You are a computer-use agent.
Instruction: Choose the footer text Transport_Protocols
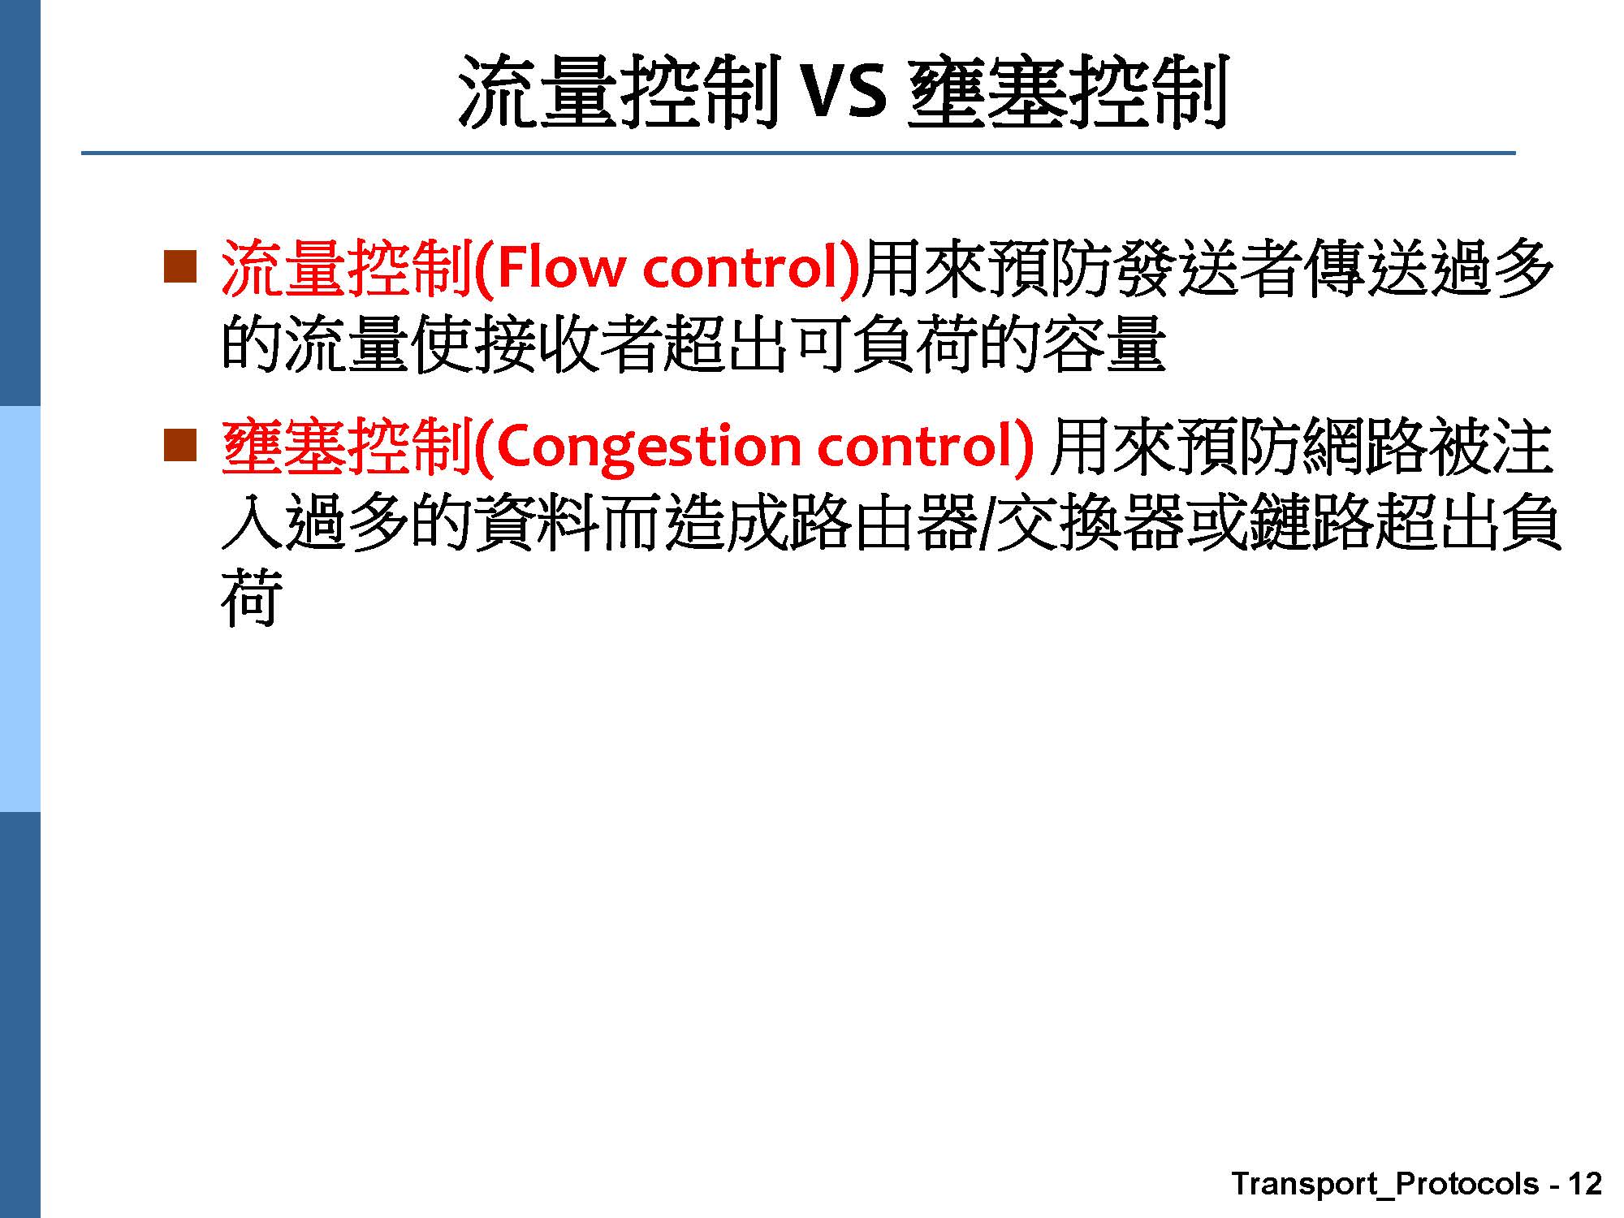[1384, 1184]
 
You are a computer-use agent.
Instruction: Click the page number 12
[1585, 1183]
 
